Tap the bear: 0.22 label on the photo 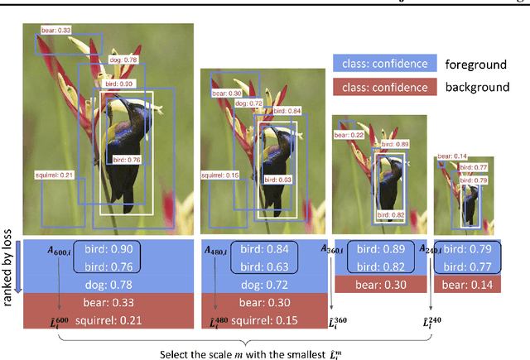click(346, 135)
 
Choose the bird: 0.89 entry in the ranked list click(378, 249)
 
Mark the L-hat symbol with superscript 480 click(218, 324)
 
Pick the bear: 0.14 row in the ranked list click(470, 284)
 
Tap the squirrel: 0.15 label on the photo click(219, 175)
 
